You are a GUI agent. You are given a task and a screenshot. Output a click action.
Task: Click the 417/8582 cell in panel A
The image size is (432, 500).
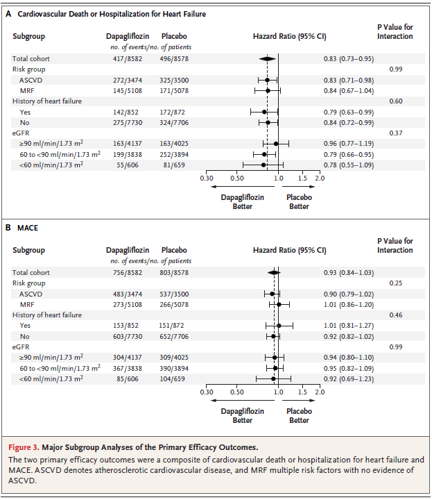[123, 59]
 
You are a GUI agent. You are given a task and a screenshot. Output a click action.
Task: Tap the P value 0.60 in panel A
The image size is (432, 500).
[396, 101]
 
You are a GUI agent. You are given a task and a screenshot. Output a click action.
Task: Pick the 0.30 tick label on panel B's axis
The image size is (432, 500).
[207, 392]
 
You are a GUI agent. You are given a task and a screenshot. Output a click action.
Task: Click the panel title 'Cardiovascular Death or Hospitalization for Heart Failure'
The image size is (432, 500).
[115, 14]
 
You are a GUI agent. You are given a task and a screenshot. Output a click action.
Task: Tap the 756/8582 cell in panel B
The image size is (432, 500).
[123, 273]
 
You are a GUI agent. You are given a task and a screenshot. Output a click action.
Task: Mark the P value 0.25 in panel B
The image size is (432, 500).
[396, 283]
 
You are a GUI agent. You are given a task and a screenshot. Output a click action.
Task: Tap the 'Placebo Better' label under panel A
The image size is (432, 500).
[300, 201]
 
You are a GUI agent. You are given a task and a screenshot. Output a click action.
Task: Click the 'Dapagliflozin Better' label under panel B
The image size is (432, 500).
[242, 415]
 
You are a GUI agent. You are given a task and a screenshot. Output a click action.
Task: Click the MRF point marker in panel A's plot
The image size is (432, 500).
[268, 90]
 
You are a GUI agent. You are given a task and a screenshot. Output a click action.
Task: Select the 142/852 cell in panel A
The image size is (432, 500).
[123, 112]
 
